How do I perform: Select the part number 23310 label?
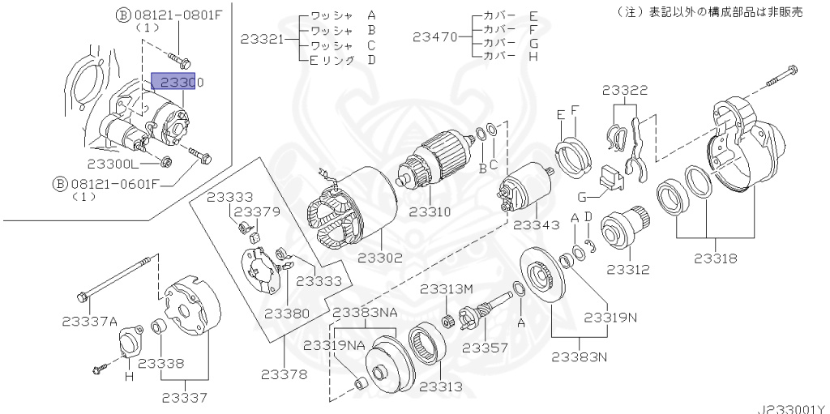429,211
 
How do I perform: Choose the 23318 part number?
715,259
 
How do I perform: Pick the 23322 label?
626,91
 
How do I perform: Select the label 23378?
285,373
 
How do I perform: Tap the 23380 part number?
287,313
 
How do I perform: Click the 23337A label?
89,321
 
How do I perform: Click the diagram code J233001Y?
792,408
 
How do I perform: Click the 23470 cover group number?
434,36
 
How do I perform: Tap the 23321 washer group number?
262,36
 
